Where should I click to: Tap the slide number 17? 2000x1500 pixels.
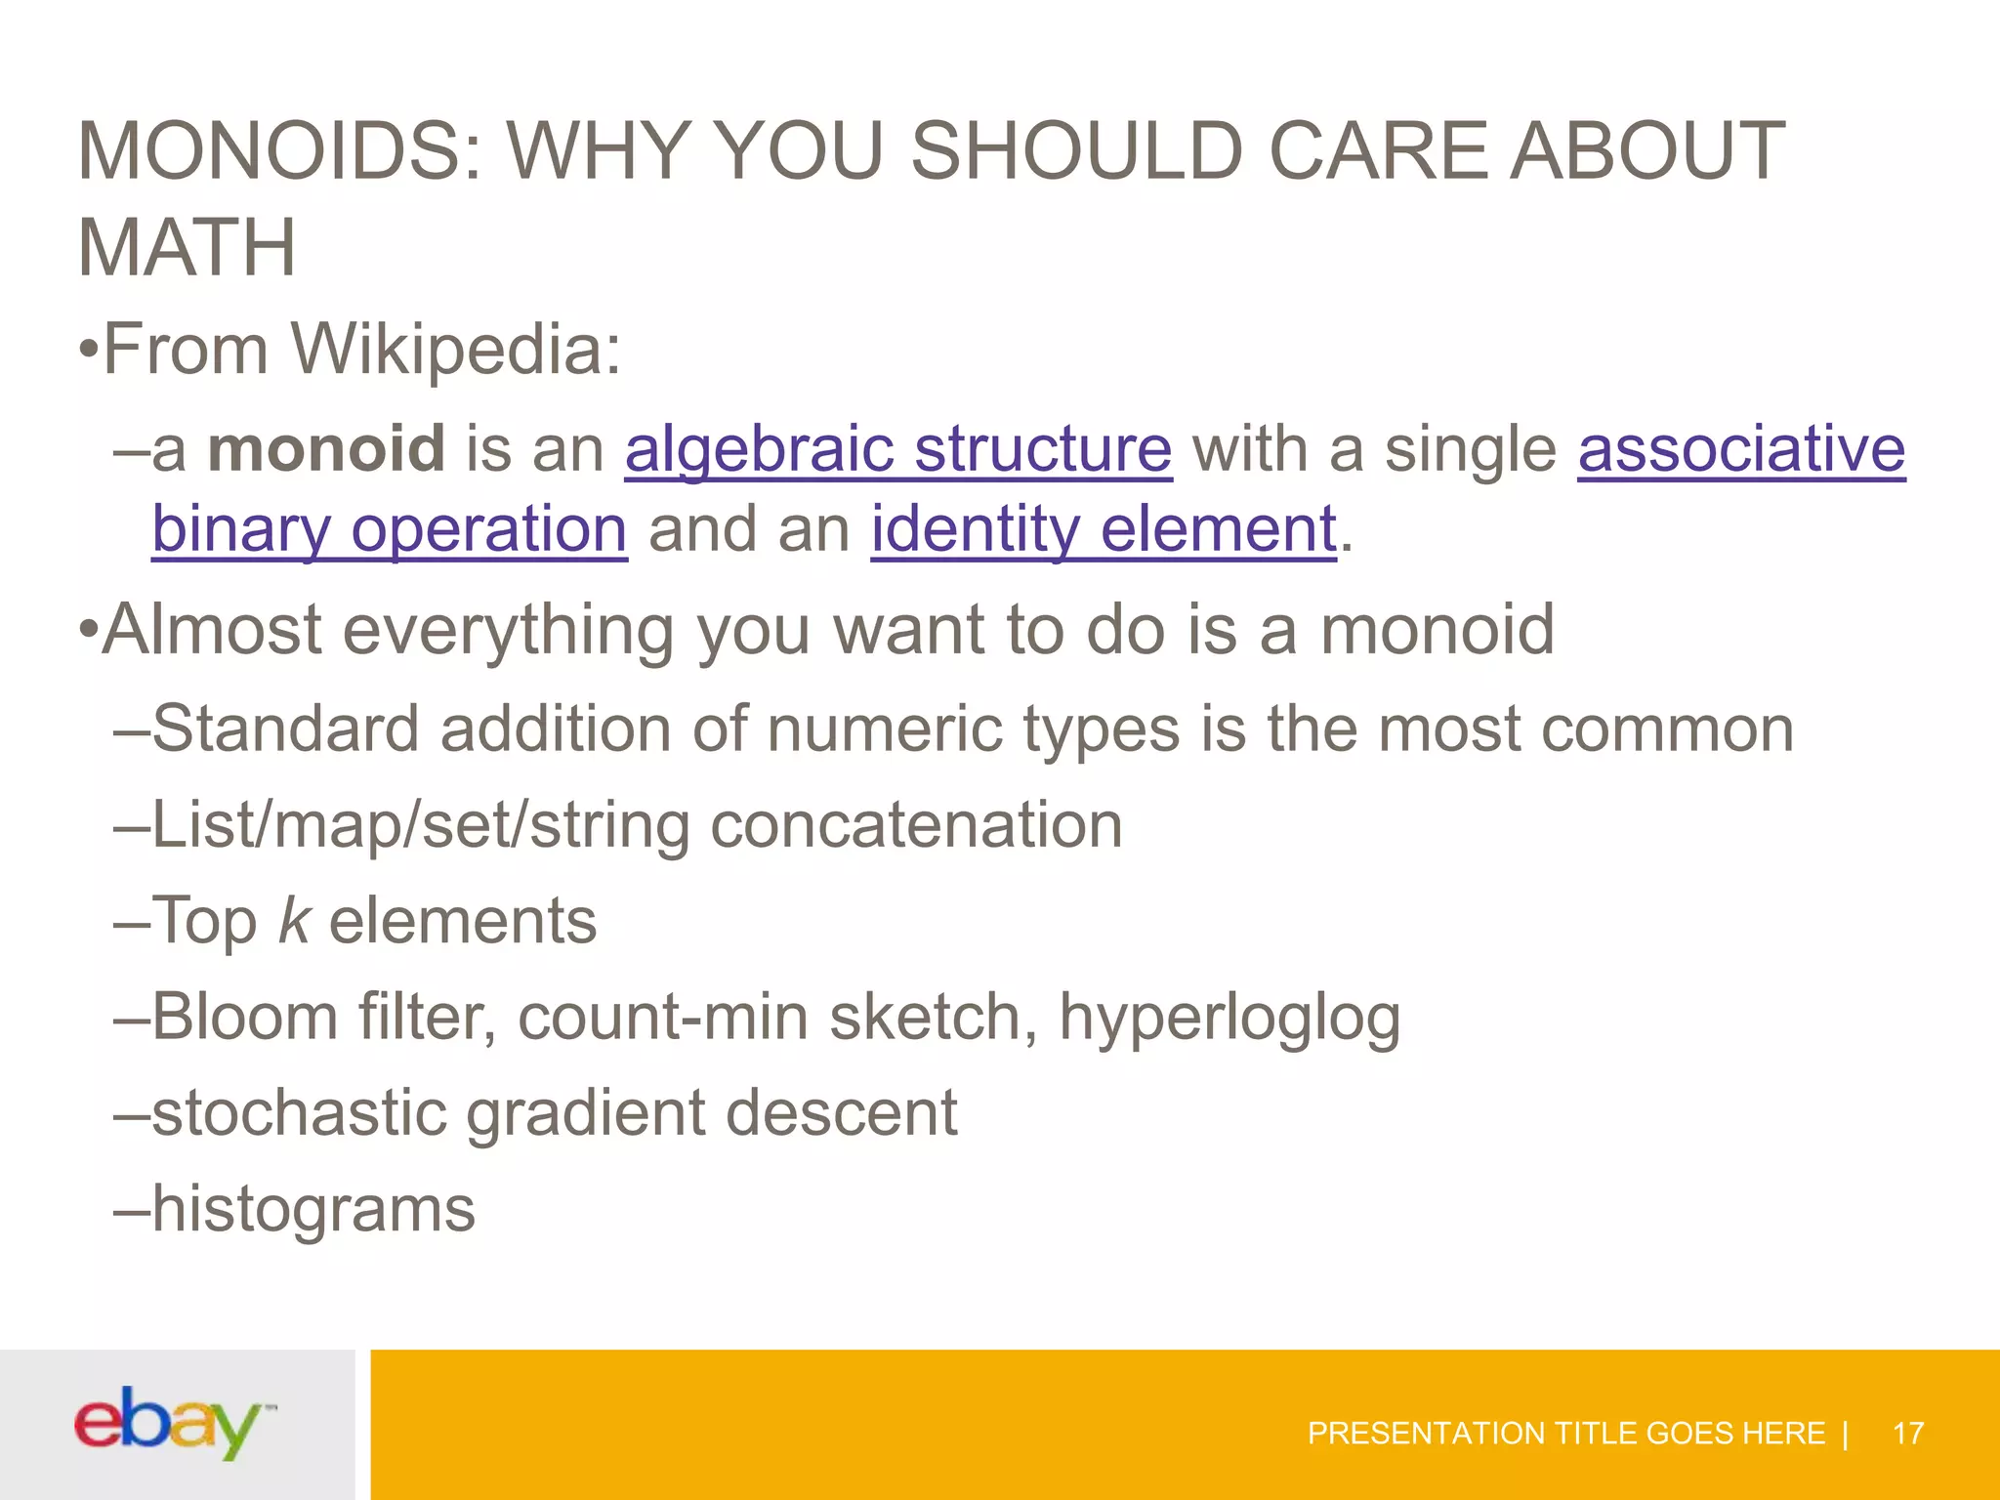click(x=1907, y=1434)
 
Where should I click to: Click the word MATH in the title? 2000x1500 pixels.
click(x=186, y=248)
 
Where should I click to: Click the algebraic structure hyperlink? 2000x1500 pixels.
click(x=897, y=449)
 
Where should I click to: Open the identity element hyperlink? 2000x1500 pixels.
click(x=1104, y=529)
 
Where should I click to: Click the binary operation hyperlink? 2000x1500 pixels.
click(x=389, y=529)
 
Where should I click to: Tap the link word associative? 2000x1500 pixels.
click(x=1741, y=449)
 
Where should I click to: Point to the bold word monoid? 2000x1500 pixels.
click(x=326, y=449)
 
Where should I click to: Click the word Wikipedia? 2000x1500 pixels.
click(x=456, y=349)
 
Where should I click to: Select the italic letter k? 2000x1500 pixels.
click(x=294, y=920)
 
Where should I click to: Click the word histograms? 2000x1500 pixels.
click(x=313, y=1209)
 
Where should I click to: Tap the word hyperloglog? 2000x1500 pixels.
click(x=1229, y=1018)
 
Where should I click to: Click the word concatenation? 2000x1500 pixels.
click(x=916, y=825)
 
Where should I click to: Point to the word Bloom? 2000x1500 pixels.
click(x=244, y=1018)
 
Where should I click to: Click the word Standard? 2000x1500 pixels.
click(x=285, y=729)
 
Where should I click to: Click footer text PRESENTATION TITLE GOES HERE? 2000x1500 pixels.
click(x=1565, y=1434)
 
